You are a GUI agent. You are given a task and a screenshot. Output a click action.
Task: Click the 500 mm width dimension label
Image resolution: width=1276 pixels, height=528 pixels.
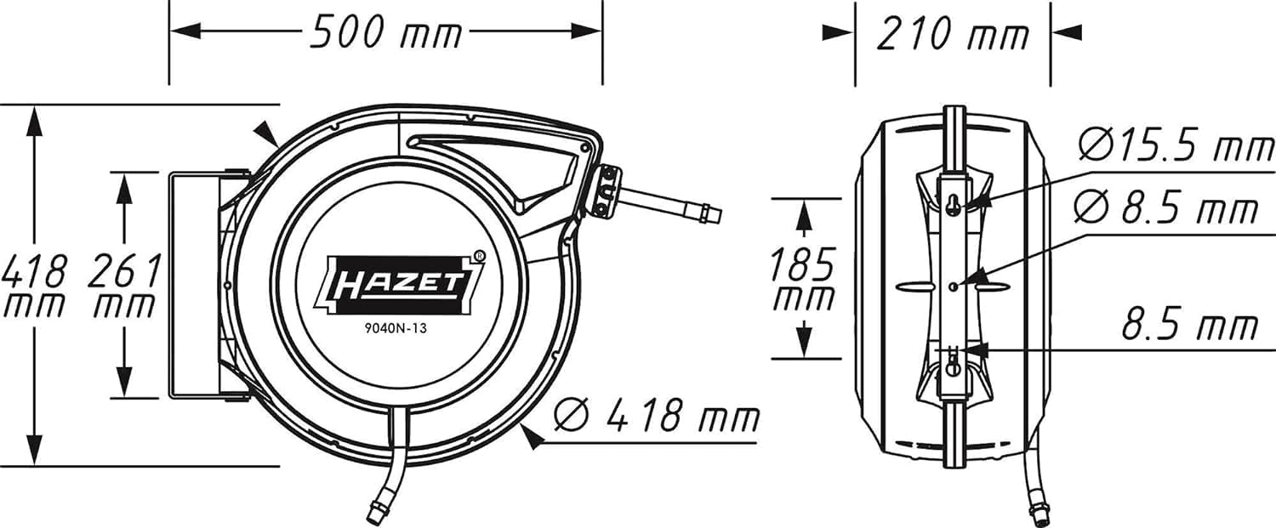coord(385,33)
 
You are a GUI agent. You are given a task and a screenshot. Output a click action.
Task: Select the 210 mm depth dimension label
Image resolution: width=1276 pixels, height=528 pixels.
coord(952,34)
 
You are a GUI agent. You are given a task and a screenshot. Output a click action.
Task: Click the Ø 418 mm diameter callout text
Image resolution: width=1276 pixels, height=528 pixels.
coord(656,416)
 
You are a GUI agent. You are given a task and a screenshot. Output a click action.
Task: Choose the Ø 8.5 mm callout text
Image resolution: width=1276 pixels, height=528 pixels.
coord(1165,207)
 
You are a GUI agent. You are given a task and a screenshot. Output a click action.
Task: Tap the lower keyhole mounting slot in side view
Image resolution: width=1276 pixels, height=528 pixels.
coord(953,368)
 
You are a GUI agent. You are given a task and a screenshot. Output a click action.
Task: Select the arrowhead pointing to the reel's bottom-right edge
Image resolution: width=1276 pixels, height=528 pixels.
coord(532,437)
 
